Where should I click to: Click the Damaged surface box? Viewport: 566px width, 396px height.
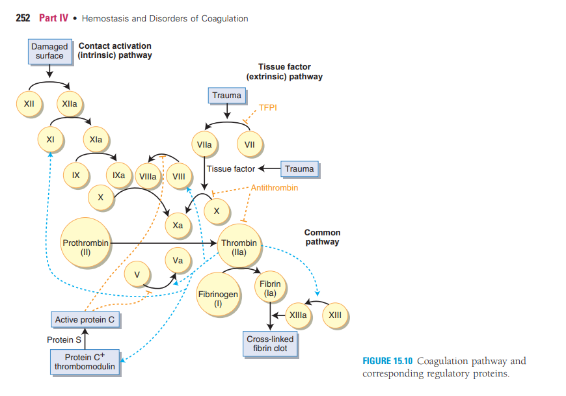click(49, 51)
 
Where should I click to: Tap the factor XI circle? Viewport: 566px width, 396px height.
click(49, 139)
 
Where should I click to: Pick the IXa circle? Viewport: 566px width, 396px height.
click(119, 176)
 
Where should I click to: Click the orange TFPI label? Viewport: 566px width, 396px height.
click(268, 108)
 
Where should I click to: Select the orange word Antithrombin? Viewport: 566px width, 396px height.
click(274, 187)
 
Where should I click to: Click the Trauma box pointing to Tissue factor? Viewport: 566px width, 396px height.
click(299, 169)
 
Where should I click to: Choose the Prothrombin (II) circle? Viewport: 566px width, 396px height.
click(86, 244)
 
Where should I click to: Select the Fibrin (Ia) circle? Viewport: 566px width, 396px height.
click(270, 289)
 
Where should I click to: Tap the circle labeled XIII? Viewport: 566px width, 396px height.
click(335, 315)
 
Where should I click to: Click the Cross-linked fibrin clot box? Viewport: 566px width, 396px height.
click(270, 343)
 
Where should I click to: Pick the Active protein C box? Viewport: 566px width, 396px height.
click(85, 319)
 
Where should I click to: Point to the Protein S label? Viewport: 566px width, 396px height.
click(64, 339)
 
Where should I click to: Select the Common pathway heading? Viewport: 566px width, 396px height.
click(322, 237)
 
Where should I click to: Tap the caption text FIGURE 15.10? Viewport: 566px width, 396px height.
click(388, 362)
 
